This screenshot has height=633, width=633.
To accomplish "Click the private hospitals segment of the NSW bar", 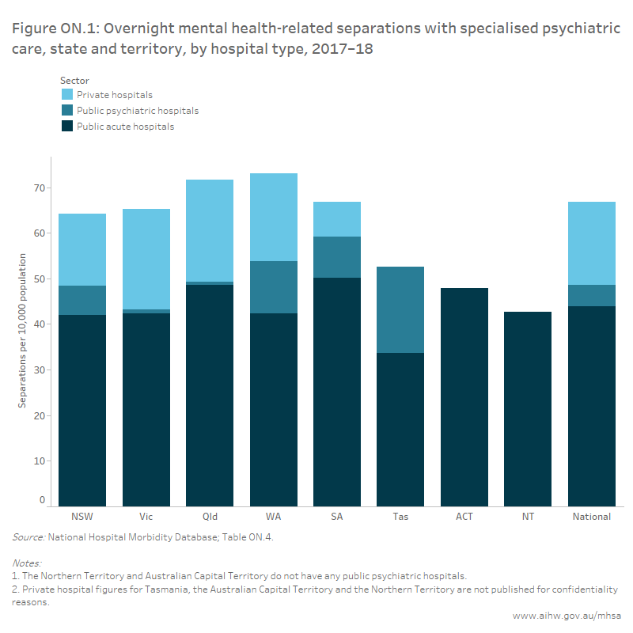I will pos(82,249).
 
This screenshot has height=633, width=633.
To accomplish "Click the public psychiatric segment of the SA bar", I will pos(337,257).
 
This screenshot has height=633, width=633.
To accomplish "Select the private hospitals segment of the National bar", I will pos(591,243).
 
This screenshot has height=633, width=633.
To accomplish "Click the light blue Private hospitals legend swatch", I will pos(67,95).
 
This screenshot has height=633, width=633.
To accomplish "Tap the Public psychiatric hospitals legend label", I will pos(137,111).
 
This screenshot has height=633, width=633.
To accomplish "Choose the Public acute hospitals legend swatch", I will pos(67,127).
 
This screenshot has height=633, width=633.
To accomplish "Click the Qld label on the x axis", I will pos(210,517).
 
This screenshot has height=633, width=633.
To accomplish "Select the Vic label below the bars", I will pos(146,517).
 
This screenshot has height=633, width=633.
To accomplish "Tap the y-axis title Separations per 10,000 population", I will pos(23,331).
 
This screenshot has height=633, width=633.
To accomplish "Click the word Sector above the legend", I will pos(74,80).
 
